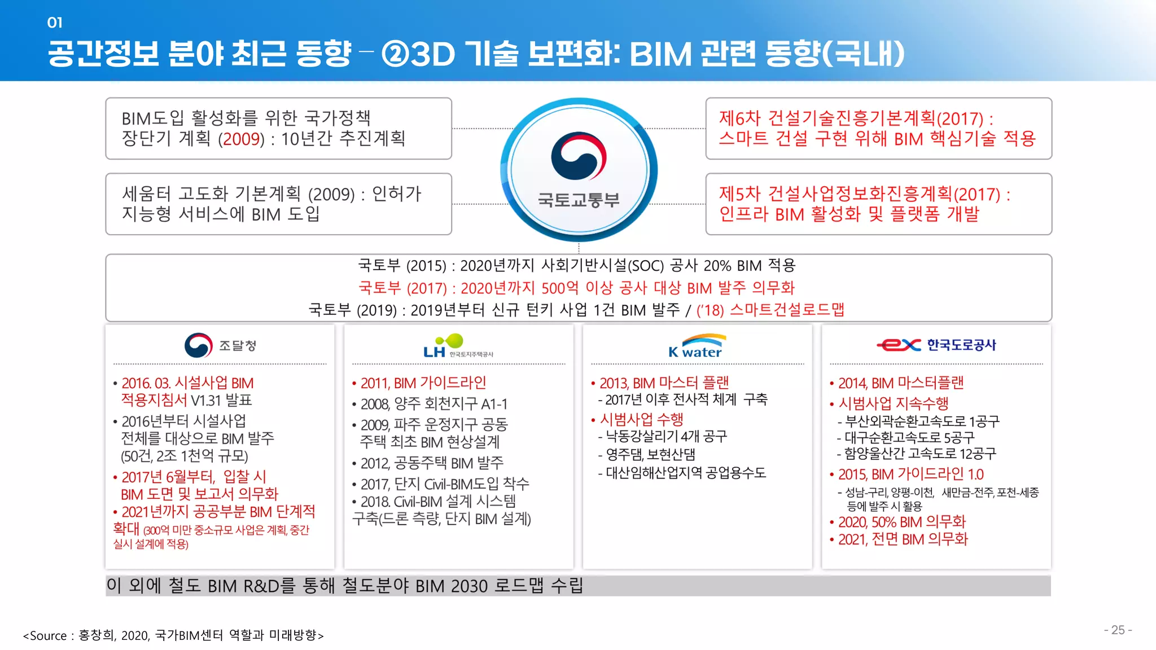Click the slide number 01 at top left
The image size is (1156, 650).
click(x=55, y=23)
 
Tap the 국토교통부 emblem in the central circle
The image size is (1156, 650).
click(x=579, y=156)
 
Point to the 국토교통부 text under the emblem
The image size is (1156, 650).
click(x=579, y=200)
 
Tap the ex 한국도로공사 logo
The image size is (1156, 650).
click(x=936, y=345)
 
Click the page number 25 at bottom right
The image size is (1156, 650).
click(x=1118, y=630)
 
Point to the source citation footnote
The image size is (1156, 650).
click(x=173, y=635)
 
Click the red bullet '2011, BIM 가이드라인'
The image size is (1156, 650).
click(x=423, y=383)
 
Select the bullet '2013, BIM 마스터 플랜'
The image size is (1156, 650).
click(x=664, y=383)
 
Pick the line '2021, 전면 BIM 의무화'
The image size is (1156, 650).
click(x=903, y=539)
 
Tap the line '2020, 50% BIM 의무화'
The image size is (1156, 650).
click(x=901, y=522)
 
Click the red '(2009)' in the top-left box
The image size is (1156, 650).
click(x=241, y=139)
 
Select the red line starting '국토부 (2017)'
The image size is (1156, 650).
click(x=577, y=288)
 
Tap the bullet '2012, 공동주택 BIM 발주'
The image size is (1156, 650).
click(x=431, y=463)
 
